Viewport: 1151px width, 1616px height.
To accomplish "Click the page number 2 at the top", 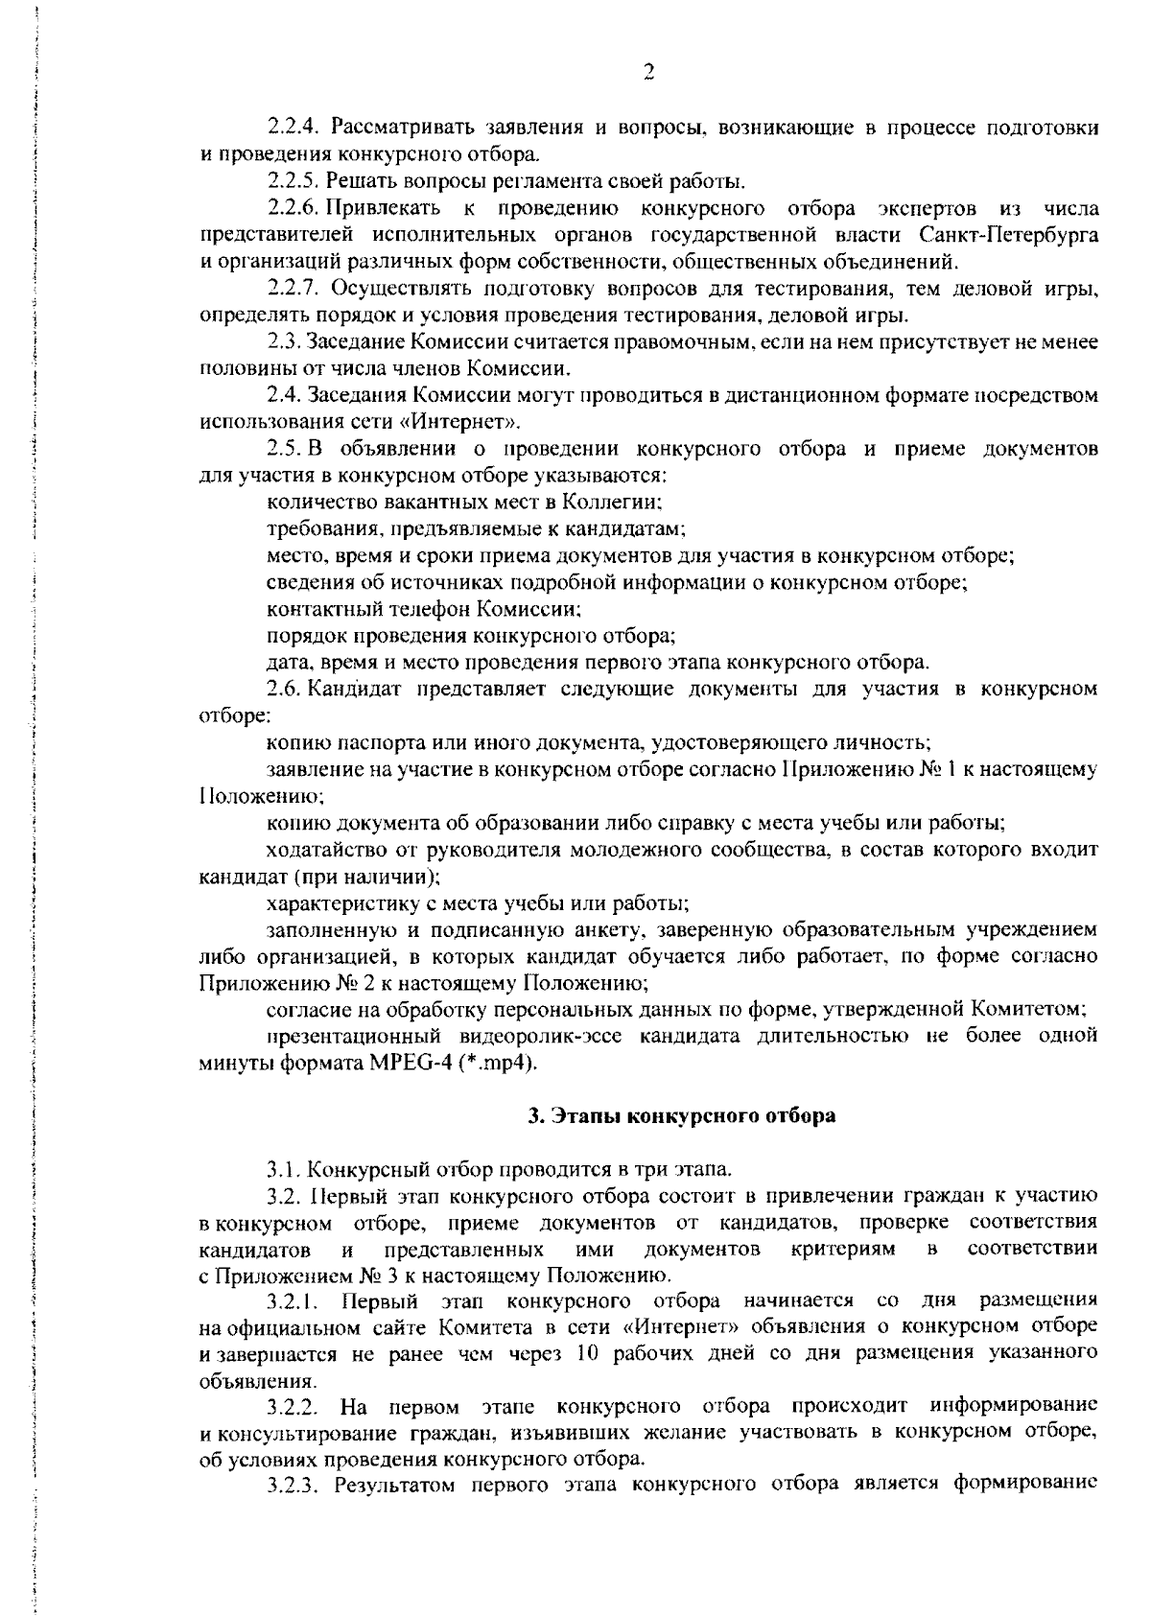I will pos(648,73).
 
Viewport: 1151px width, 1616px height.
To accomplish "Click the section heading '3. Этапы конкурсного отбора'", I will pos(682,1115).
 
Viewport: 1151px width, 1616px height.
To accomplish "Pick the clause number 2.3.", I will pos(287,341).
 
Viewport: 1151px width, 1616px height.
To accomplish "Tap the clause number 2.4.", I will pos(287,395).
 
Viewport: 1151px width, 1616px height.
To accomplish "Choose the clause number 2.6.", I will pos(287,689).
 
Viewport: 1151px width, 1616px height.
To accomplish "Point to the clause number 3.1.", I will pos(287,1169).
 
